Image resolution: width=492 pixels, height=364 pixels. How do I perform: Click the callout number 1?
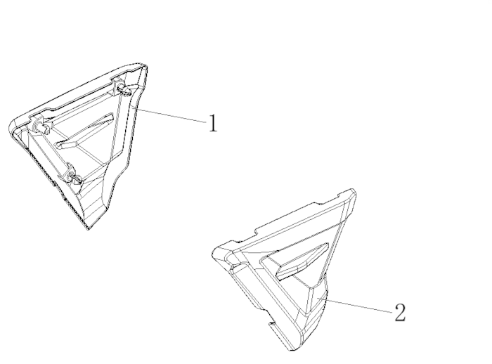tap(213, 123)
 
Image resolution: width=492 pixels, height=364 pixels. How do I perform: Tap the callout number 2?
tap(400, 313)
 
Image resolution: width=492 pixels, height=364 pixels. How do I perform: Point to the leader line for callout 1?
tap(171, 115)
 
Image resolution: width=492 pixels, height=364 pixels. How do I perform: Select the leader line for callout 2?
tap(359, 306)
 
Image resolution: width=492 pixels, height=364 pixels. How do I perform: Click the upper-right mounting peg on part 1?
tap(125, 91)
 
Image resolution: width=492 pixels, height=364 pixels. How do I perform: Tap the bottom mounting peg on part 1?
tap(75, 178)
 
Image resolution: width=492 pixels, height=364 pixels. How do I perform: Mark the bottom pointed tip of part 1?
tap(88, 229)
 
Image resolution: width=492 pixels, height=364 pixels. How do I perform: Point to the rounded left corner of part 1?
tap(12, 126)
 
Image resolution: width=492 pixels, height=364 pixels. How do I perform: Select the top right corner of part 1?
tap(145, 66)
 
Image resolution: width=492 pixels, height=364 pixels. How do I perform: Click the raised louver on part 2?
tap(302, 261)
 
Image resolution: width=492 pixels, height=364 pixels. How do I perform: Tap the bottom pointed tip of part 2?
tap(292, 349)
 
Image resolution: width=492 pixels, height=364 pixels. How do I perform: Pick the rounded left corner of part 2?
tap(215, 252)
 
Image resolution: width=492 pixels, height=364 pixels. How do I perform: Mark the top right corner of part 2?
tap(353, 190)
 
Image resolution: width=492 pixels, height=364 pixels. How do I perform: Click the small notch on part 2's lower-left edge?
tap(273, 323)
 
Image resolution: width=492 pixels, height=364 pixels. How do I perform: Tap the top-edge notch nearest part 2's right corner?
tap(339, 196)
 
